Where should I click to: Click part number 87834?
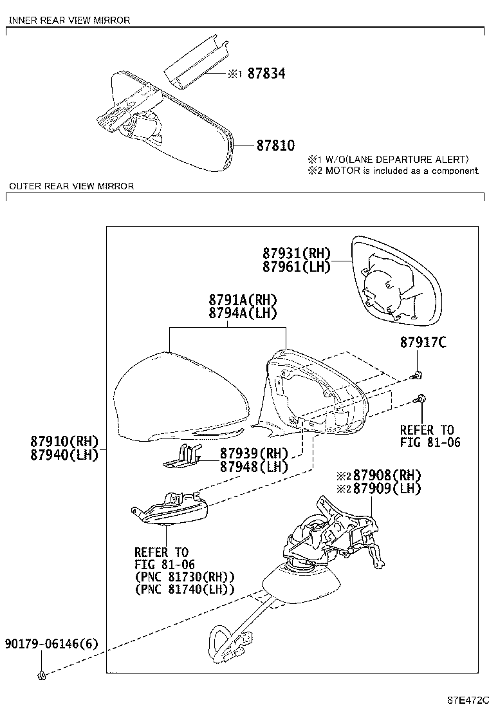click(x=266, y=73)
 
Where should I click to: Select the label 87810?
click(x=275, y=146)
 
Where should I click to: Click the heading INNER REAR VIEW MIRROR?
click(x=69, y=20)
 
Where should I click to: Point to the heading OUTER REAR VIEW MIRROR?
click(x=71, y=186)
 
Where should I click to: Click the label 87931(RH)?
click(x=297, y=254)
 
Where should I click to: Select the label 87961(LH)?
click(x=297, y=266)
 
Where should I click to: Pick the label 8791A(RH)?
click(x=243, y=300)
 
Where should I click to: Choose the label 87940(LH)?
click(x=64, y=455)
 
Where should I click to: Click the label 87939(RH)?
click(x=254, y=453)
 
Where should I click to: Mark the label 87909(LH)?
click(x=387, y=488)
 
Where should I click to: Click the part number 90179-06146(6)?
click(x=51, y=644)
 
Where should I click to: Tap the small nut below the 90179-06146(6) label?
click(x=41, y=675)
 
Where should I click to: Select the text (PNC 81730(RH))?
click(x=185, y=576)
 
